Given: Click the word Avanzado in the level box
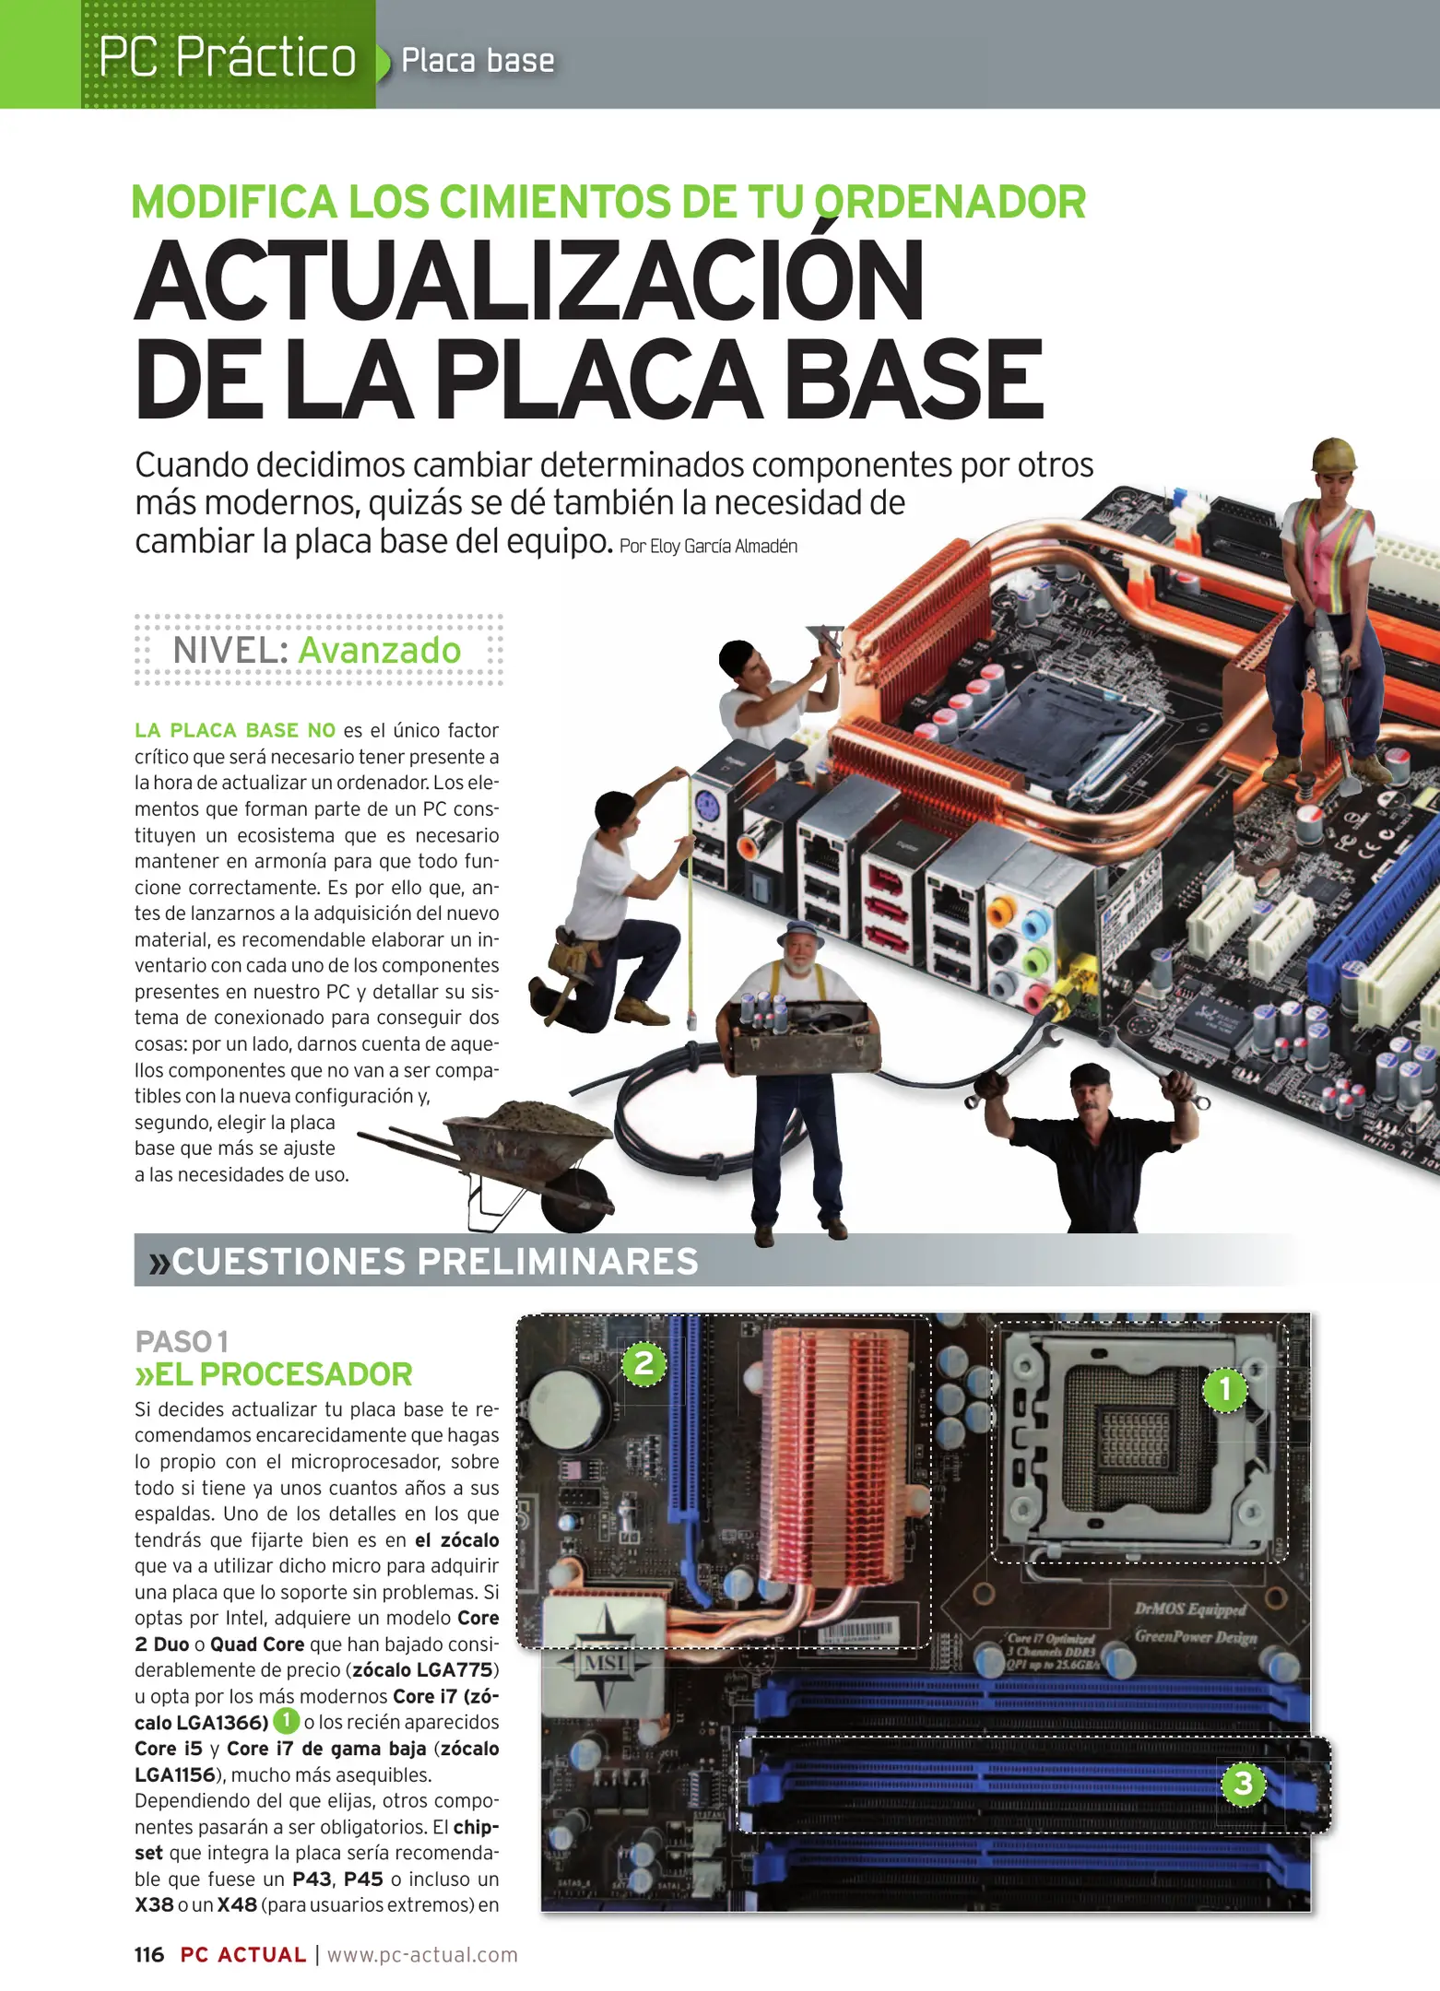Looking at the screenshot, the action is (379, 651).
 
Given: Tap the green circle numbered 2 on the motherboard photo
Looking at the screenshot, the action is (643, 1362).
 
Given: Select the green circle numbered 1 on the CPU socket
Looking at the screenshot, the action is (1225, 1390).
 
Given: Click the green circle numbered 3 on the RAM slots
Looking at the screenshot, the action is (1243, 1783).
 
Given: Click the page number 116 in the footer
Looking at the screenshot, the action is (149, 1955).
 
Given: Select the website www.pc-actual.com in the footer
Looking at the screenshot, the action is (422, 1955).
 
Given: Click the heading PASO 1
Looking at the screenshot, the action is (182, 1341).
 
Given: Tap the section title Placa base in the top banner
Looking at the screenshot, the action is (478, 61).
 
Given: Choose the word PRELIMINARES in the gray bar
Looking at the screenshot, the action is (558, 1262).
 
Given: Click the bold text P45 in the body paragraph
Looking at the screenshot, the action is (363, 1879).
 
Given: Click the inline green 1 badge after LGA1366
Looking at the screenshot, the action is (287, 1720).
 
